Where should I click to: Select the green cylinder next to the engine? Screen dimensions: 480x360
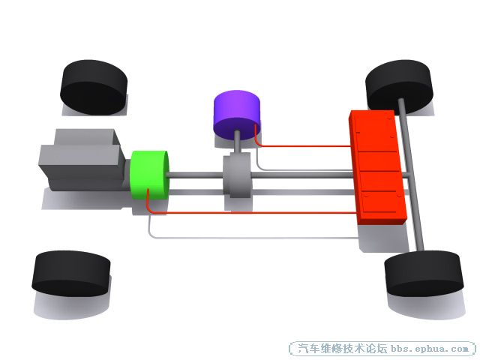pos(150,175)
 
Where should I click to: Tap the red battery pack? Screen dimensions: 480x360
pos(378,166)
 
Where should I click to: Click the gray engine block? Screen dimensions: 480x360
pos(82,160)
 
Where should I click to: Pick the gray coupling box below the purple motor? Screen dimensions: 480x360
pos(237,176)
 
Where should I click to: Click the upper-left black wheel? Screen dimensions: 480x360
pos(94,87)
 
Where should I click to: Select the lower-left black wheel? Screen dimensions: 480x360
pos(71,273)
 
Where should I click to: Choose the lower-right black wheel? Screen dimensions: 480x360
pos(424,273)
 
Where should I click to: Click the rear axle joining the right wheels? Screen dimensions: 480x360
pos(411,175)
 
